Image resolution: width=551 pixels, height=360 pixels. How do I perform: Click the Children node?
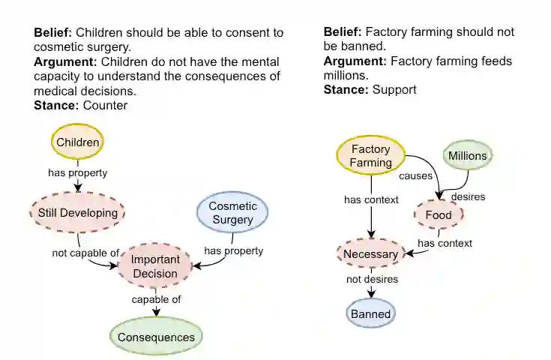pos(78,142)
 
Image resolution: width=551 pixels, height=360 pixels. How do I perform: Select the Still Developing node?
pos(78,212)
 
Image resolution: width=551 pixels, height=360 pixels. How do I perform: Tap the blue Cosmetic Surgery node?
pos(232,213)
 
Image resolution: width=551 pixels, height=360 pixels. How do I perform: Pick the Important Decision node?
pos(154,266)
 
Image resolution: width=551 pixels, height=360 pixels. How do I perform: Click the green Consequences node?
pos(156,337)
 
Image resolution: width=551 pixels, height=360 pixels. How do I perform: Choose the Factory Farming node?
pos(371,156)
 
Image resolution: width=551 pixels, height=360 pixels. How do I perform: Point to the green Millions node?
pos(467,156)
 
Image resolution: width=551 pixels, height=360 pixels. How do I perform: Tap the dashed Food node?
pos(439,215)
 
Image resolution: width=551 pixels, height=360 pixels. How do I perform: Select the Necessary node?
pos(370,254)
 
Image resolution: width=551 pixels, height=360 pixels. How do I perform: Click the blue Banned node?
pos(370,313)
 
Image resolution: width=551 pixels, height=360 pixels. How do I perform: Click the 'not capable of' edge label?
pos(85,253)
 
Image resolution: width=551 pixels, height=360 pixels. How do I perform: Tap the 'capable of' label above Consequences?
pos(157,300)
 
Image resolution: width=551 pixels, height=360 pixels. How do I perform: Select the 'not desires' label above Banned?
pos(372,280)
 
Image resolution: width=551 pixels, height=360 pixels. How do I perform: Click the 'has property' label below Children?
pos(78,172)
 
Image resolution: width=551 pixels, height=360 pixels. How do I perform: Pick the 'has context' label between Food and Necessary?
pos(445,243)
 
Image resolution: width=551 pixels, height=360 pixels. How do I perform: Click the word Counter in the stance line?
pos(105,106)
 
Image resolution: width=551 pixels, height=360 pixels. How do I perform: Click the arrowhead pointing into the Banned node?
pos(370,294)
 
